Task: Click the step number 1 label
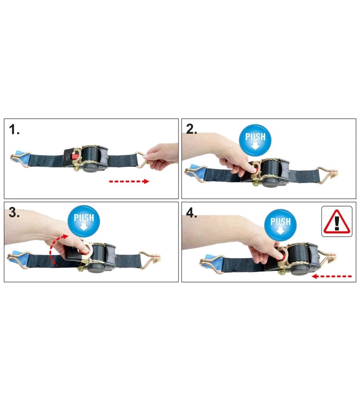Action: coord(14,129)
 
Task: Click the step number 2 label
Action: coord(191,129)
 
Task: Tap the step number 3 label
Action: coord(14,212)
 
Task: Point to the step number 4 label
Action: coord(191,212)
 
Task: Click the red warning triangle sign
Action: coord(337,222)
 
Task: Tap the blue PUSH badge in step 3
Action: coord(84,221)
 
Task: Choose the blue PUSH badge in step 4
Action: coord(280,224)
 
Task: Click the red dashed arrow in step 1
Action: coord(129,181)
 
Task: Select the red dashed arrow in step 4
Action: coord(332,276)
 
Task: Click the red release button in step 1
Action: coord(75,156)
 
